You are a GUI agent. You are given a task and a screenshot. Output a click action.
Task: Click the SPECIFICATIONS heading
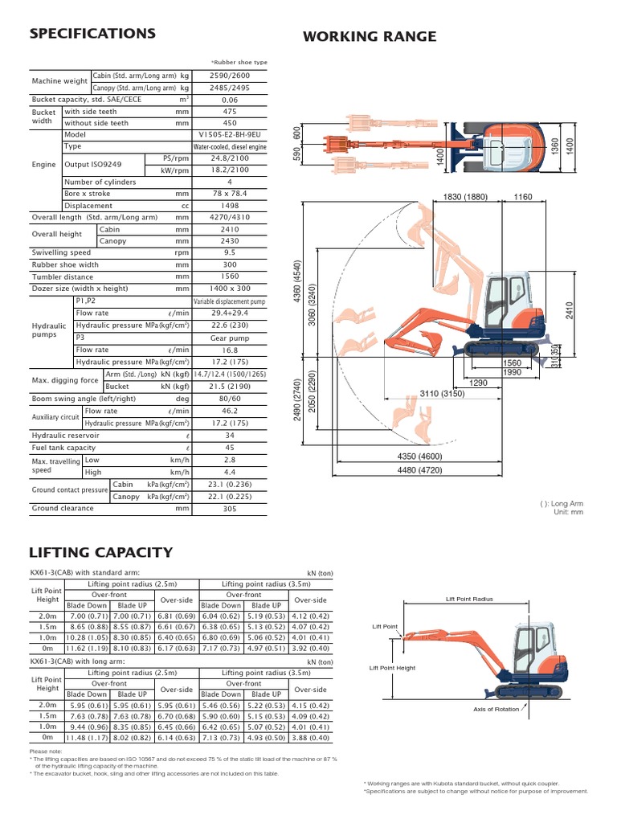(92, 34)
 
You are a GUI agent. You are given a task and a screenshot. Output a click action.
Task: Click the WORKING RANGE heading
(369, 36)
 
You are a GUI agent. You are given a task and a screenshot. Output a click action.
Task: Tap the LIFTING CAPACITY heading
(100, 552)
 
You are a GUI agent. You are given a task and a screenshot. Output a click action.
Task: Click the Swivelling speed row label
(61, 252)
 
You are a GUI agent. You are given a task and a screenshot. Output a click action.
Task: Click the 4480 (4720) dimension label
(419, 472)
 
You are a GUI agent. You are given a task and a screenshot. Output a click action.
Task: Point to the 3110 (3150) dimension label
(442, 394)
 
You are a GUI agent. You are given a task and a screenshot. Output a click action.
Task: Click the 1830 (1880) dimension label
(466, 197)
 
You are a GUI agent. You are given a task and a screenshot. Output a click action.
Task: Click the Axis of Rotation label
(496, 709)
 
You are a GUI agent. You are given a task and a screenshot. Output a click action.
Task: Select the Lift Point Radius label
(470, 599)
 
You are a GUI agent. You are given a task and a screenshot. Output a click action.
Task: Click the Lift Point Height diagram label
(392, 668)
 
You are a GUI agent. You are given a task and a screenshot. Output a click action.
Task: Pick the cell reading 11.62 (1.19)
(87, 648)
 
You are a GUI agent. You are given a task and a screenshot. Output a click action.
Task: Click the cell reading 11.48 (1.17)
(87, 737)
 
